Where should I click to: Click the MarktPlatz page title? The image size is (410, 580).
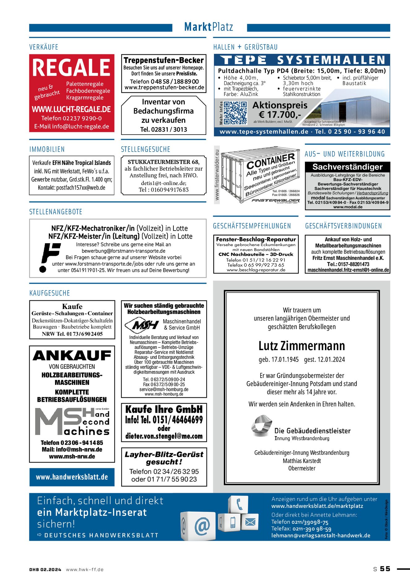click(209, 27)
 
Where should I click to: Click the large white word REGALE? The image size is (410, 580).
click(71, 67)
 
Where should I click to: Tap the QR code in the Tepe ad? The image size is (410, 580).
click(235, 113)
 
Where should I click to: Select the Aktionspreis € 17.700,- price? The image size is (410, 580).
click(280, 110)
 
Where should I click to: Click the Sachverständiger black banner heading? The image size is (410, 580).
click(348, 167)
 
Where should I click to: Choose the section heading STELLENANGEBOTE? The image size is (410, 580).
click(56, 212)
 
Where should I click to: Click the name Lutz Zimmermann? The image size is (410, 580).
click(301, 346)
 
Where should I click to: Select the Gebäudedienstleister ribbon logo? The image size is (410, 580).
click(261, 426)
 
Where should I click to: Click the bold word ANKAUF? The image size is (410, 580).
click(72, 356)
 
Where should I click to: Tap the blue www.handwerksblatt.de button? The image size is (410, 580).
click(72, 477)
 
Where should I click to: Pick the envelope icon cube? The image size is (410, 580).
click(250, 522)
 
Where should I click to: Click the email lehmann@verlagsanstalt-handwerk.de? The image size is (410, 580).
click(321, 535)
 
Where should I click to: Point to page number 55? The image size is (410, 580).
click(385, 569)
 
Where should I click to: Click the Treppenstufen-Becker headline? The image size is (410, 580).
click(164, 60)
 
